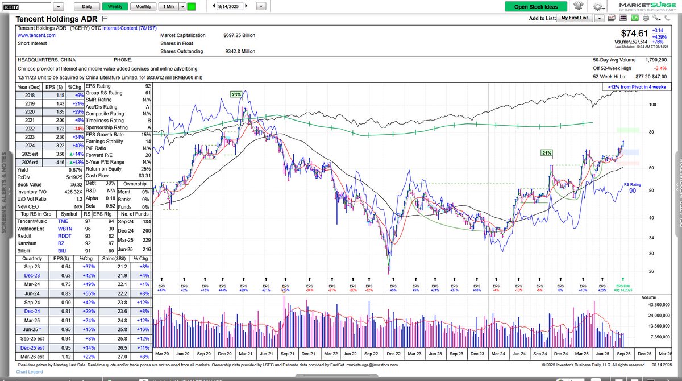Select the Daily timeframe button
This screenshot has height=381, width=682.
pos(87,6)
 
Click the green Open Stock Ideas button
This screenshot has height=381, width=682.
pos(536,7)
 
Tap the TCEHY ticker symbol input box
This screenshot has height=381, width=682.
pos(27,7)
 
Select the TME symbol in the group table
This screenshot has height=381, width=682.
pos(63,221)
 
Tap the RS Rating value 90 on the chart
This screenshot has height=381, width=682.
pos(632,191)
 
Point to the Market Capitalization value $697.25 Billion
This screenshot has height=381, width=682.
pos(239,35)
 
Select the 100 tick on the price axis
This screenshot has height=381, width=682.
pos(652,105)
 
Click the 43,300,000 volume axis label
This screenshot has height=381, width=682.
pos(659,305)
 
